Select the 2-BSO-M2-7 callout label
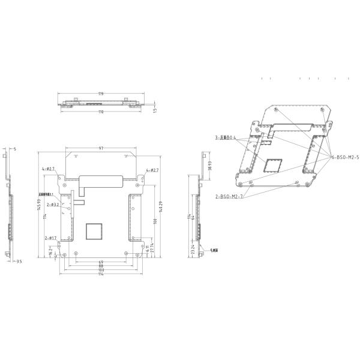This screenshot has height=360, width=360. [229, 196]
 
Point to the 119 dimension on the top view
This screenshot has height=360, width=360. [101, 94]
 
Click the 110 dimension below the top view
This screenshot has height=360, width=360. [101, 112]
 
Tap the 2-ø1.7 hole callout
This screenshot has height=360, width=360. [51, 238]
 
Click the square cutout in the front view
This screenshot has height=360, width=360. [95, 230]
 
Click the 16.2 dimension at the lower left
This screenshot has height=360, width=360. [49, 253]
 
